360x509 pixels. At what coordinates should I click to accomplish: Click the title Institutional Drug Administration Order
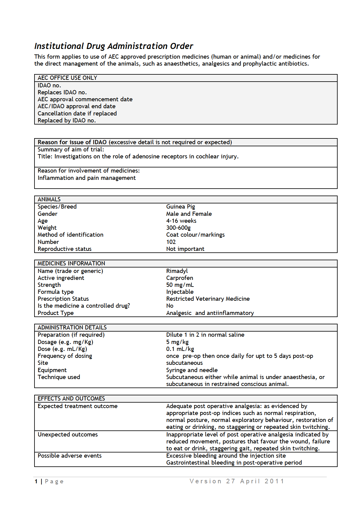(113, 46)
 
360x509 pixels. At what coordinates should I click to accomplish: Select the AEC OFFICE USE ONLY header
(67, 78)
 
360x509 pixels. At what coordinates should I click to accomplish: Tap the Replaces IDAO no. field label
(62, 92)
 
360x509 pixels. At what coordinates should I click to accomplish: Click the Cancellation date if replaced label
(77, 113)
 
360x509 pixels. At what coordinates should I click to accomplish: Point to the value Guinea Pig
(180, 206)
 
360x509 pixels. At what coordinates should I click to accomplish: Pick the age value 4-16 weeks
(181, 221)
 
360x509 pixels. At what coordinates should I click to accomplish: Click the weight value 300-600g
(178, 228)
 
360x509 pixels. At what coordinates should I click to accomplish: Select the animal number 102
(171, 242)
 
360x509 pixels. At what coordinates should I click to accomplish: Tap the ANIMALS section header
(49, 199)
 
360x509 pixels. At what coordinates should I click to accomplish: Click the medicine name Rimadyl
(177, 271)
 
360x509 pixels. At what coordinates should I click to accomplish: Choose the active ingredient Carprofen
(179, 278)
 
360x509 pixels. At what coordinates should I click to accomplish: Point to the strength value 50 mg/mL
(180, 285)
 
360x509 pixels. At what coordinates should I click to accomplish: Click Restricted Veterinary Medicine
(208, 299)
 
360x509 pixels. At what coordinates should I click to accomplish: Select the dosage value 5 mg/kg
(177, 342)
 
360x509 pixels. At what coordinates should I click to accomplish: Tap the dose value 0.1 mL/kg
(180, 349)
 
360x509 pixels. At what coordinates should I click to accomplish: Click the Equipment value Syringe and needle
(192, 370)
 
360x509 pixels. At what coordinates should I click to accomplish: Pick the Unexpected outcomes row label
(67, 434)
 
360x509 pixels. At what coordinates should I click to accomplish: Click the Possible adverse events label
(70, 456)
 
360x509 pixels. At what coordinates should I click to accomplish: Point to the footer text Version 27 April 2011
(237, 481)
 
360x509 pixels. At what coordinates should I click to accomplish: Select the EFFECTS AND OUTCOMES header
(71, 398)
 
